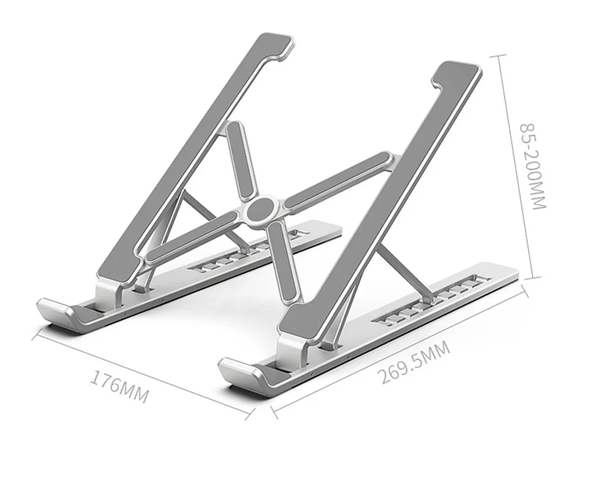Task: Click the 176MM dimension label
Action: tap(120, 387)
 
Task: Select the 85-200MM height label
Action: tap(532, 167)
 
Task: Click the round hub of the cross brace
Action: tap(261, 211)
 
